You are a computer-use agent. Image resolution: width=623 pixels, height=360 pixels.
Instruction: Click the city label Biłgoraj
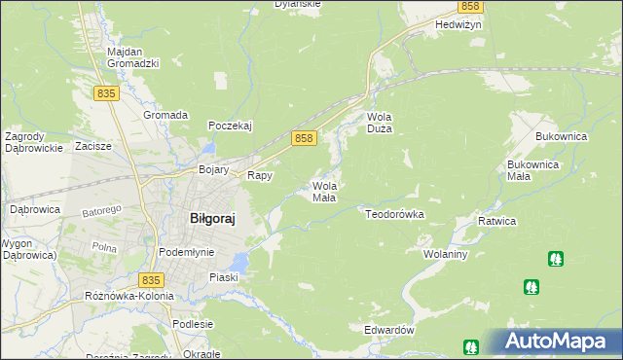210,219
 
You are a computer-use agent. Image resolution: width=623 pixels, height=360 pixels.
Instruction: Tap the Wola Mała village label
324,191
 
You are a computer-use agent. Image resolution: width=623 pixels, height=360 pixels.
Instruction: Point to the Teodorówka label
395,212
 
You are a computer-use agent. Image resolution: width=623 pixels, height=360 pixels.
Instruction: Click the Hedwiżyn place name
432,24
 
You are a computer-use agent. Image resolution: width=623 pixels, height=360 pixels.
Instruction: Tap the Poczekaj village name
231,126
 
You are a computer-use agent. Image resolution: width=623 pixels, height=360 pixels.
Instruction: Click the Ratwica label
496,222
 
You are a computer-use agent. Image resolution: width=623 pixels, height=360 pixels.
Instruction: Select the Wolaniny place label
446,254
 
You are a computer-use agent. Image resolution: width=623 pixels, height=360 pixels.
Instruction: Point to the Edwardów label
389,330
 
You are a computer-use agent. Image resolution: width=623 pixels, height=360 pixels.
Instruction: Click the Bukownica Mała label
531,170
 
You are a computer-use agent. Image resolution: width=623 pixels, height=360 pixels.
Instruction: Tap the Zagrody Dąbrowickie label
34,142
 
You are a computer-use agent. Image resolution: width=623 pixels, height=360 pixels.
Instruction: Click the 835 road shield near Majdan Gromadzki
107,92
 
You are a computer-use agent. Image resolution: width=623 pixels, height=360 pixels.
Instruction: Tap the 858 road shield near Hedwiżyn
469,6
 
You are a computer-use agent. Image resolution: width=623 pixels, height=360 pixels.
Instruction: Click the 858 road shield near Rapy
304,139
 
